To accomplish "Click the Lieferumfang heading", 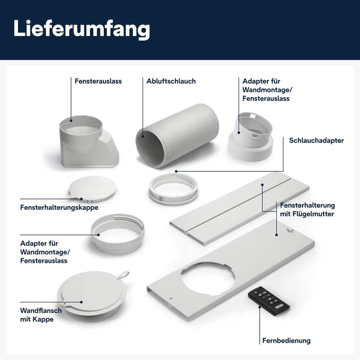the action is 82,29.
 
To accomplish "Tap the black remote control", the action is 268,301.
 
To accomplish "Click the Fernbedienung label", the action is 286,340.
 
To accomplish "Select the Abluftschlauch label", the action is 171,81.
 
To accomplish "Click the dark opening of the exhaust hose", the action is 150,148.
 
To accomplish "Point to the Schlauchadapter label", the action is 316,140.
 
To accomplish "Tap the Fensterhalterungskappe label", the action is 59,207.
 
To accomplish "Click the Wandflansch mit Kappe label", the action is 41,315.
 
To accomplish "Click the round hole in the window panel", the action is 208,279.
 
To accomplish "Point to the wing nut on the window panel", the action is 289,230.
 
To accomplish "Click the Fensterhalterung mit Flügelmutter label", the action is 307,210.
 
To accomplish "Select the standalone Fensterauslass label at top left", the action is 98,81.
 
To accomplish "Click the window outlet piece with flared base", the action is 88,142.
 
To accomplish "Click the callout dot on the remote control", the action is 260,307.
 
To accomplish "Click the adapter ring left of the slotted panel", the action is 118,234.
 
